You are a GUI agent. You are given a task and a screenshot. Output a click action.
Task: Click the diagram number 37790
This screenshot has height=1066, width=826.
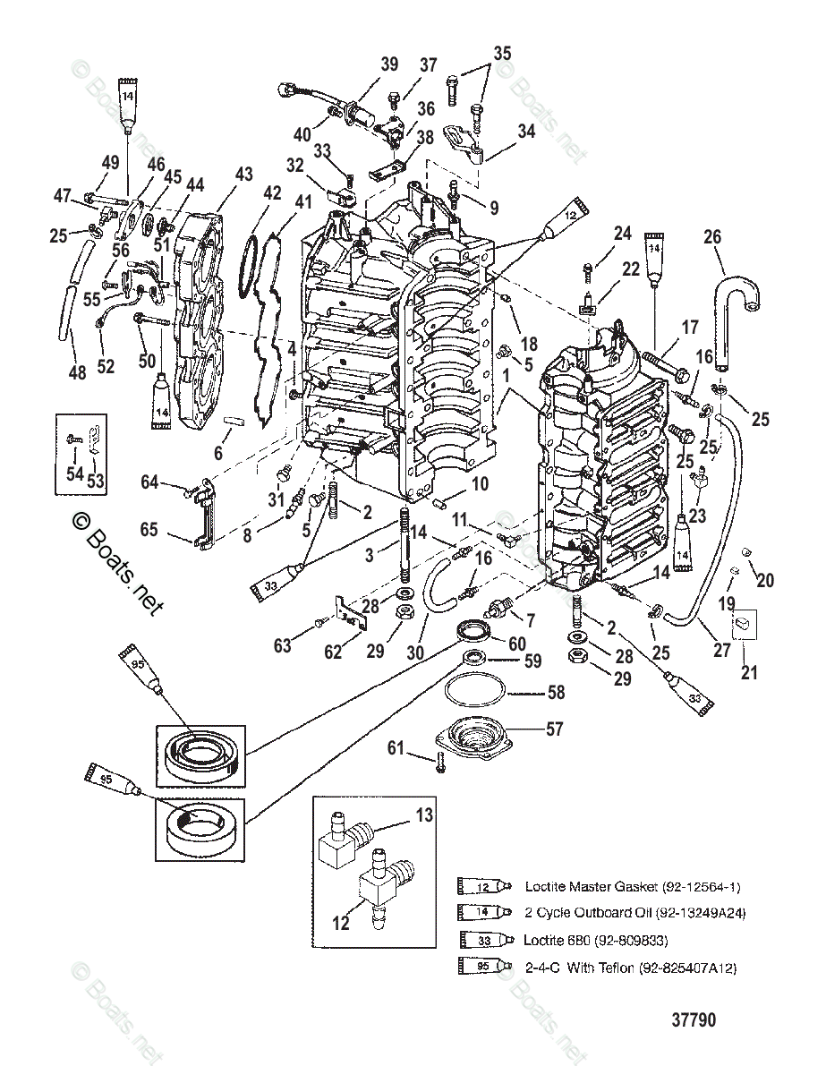click(694, 1019)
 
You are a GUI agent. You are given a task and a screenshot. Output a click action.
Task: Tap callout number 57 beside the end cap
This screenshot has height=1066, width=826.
click(555, 729)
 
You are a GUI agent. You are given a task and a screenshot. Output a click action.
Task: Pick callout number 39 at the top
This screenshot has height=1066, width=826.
click(389, 64)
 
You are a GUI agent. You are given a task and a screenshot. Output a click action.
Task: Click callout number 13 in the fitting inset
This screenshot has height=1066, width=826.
click(423, 814)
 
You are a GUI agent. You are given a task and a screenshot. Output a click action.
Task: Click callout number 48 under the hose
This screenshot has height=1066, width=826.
click(78, 371)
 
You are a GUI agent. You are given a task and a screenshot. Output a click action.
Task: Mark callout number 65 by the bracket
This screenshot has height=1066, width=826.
click(149, 530)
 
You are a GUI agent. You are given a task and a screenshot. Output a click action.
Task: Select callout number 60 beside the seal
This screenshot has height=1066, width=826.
click(517, 644)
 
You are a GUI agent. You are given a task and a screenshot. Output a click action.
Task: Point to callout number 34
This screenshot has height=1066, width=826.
click(526, 131)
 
